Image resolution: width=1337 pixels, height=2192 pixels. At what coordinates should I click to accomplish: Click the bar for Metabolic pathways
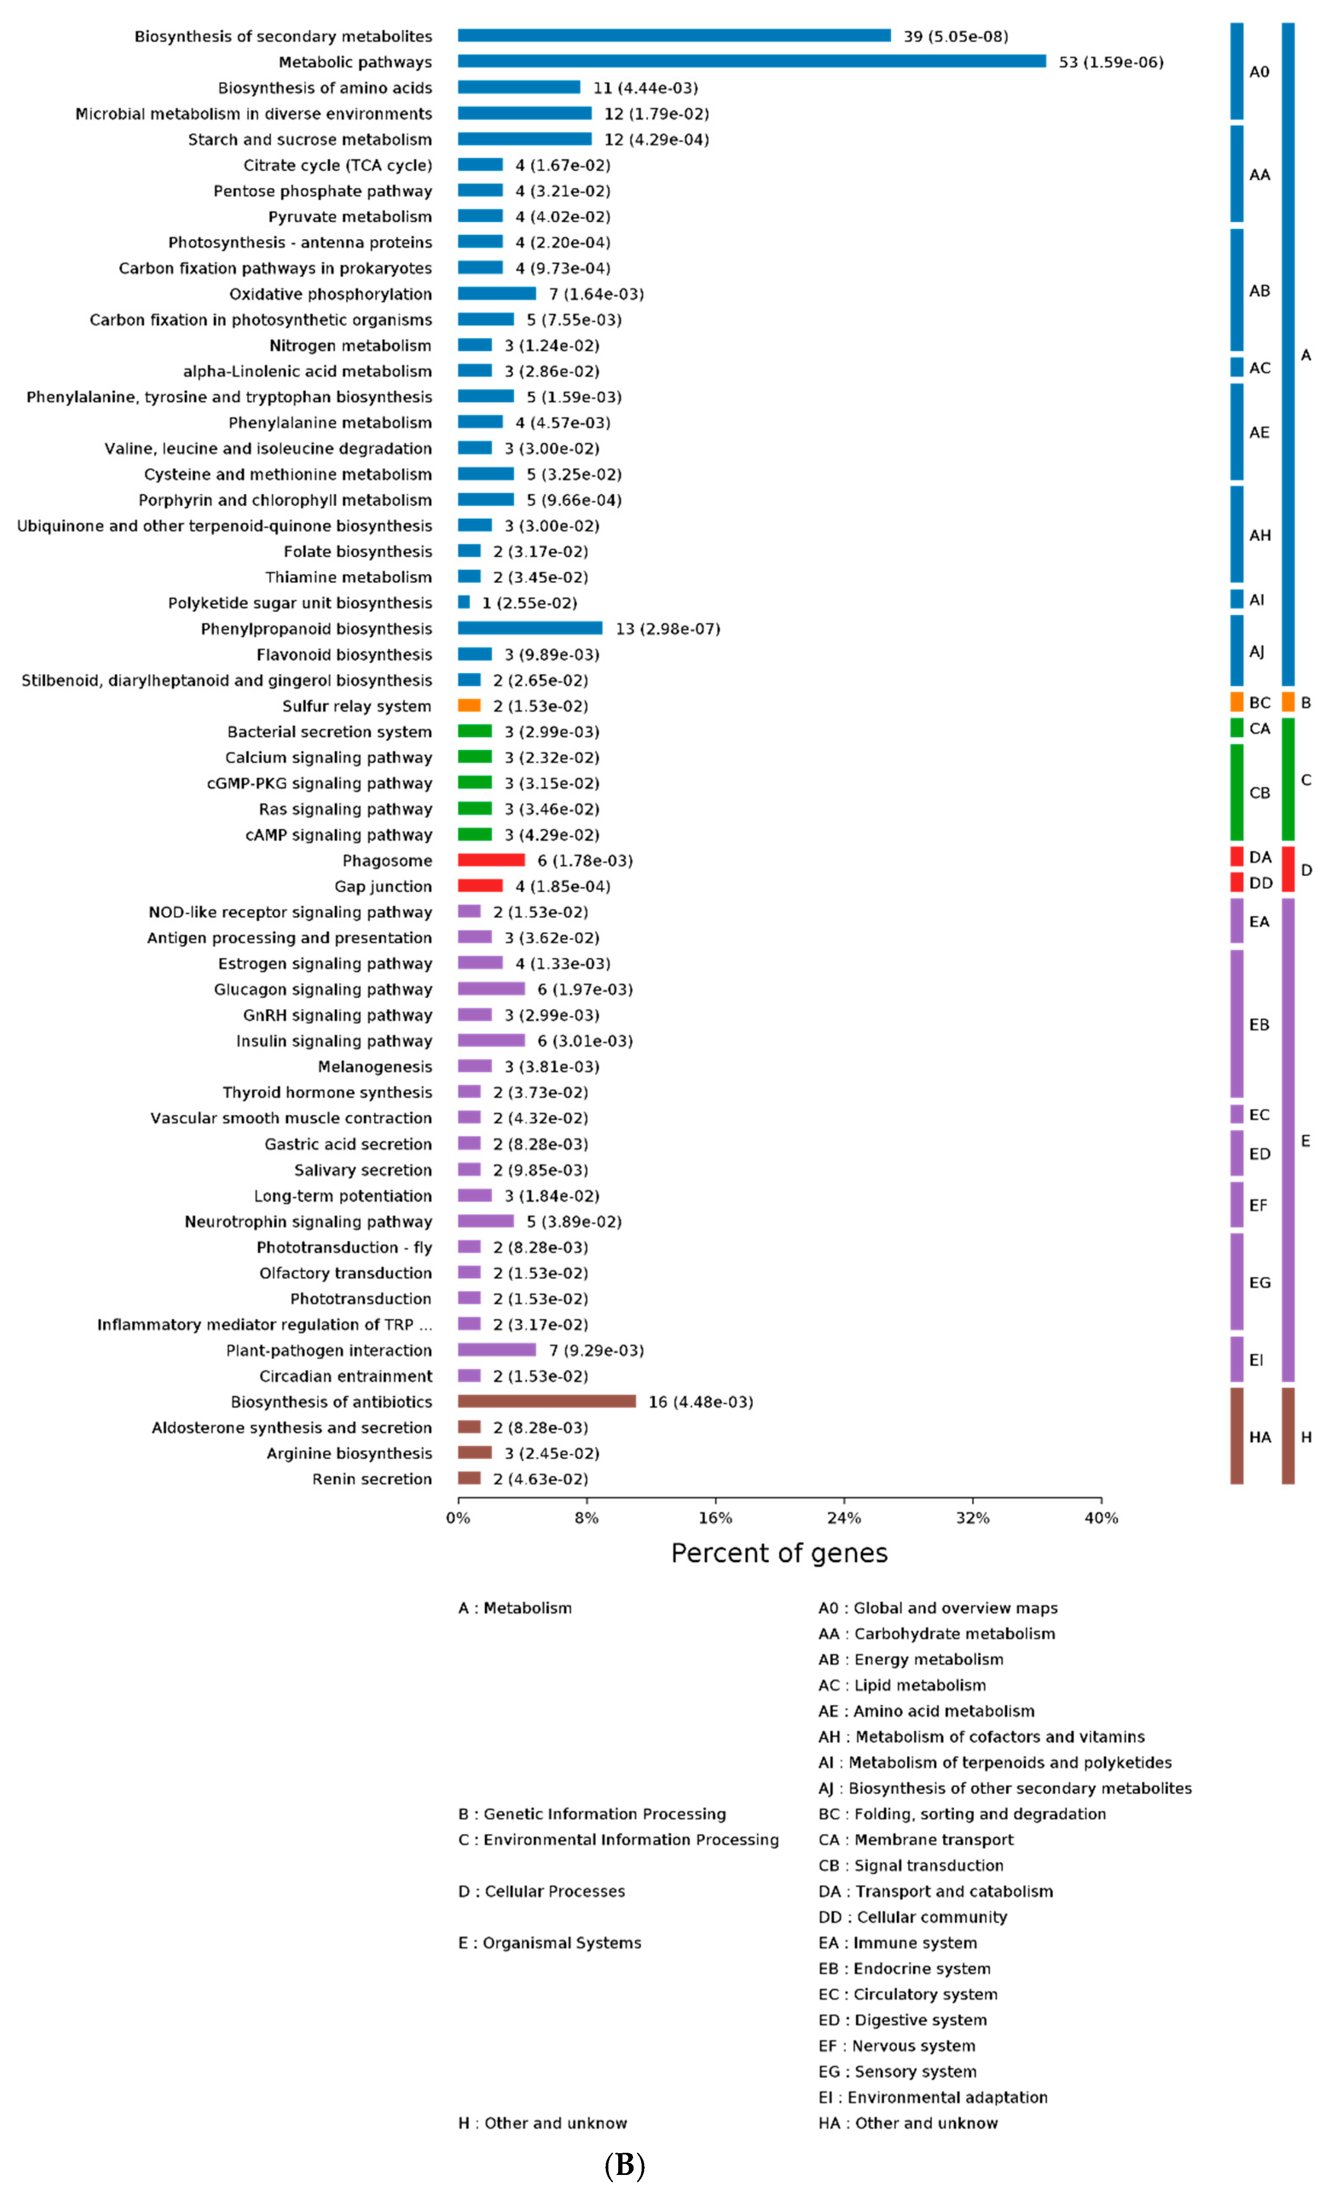752,61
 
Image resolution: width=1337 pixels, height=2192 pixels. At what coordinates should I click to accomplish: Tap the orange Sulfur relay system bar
469,706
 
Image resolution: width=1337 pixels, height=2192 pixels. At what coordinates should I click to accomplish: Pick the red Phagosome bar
491,860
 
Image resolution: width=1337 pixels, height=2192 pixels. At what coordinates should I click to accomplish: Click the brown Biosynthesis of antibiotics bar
546,1401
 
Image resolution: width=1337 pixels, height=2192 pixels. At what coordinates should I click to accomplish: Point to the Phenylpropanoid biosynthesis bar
529,628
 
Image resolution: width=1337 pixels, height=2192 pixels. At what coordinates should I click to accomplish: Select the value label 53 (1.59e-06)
1110,62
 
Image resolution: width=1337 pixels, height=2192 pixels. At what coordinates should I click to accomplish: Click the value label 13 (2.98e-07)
667,629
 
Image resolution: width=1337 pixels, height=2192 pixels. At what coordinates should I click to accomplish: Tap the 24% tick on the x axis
843,1518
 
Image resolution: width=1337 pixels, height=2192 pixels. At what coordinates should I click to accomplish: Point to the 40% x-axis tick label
1100,1518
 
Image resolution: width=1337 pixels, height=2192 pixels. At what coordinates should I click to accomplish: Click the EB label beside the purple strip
1259,1025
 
